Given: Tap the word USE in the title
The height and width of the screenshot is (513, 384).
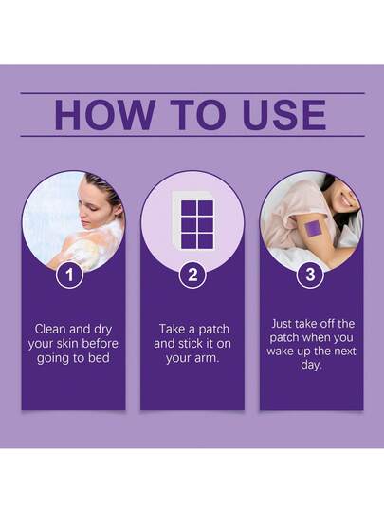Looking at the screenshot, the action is click(284, 115).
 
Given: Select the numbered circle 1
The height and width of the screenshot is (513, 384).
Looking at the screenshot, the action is click(69, 275).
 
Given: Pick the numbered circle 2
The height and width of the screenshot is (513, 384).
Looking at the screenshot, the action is click(192, 275).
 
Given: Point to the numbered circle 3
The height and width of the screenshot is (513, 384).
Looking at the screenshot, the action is click(310, 275).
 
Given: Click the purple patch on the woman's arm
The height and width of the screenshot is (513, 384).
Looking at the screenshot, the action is click(314, 229).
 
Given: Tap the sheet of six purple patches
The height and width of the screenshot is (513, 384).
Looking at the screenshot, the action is click(192, 221).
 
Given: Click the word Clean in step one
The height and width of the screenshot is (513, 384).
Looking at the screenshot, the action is click(50, 329).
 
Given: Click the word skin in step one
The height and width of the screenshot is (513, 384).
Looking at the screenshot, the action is click(67, 344).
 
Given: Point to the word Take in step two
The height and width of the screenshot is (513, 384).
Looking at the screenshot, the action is click(172, 329).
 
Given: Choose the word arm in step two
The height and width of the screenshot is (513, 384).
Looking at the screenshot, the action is click(208, 358).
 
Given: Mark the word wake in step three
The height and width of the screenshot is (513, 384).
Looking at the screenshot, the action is click(280, 351).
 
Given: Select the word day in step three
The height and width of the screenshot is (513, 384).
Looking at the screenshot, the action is click(312, 366).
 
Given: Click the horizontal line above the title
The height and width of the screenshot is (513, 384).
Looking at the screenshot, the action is click(192, 93).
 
